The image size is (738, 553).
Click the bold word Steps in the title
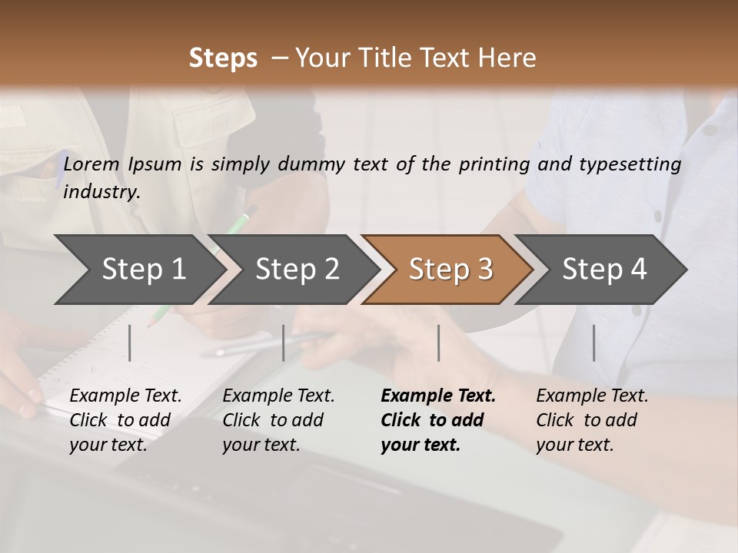223,58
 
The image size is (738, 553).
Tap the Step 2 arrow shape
297,270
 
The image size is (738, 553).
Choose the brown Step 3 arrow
450,270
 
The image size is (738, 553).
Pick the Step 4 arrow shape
604,270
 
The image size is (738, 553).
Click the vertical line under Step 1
130,343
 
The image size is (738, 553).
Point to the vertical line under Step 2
284,343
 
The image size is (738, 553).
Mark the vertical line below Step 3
439,343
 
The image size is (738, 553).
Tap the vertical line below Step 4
594,343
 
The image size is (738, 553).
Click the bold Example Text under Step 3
438,396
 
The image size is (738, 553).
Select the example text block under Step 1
125,420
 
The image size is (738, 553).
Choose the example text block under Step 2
278,420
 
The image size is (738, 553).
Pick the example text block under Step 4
592,420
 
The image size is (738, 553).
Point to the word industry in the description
101,192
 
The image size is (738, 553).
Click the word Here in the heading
510,58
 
